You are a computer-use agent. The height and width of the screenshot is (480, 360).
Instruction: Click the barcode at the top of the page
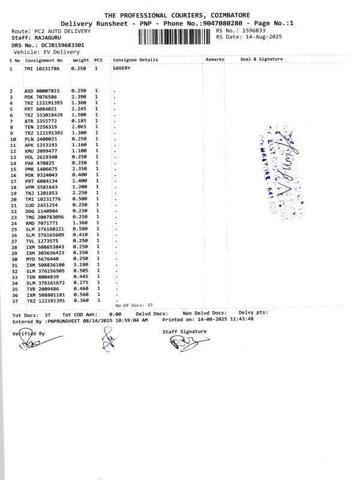[x=175, y=37]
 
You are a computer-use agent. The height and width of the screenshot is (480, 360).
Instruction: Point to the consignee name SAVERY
[x=122, y=68]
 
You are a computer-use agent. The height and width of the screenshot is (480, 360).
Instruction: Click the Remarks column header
[x=214, y=60]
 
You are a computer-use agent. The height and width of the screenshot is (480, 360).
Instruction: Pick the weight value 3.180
[x=79, y=265]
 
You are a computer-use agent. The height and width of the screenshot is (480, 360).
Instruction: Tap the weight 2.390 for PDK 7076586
[x=79, y=97]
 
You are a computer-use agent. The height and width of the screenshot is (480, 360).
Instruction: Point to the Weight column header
[x=81, y=60]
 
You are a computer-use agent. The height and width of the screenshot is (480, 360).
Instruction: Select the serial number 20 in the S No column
[x=11, y=199]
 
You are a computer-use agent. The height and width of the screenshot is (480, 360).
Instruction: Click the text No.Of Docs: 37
[x=134, y=305]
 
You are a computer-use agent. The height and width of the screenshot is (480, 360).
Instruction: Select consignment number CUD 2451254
[x=41, y=205]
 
